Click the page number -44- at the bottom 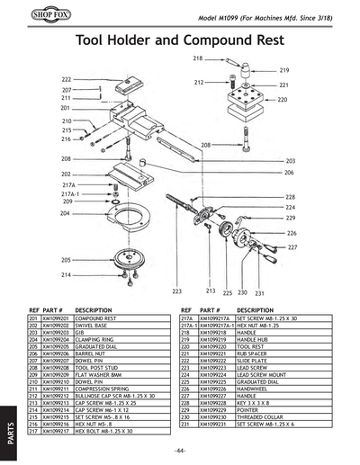[180, 450]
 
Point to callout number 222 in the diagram [67, 79]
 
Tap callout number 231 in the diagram [259, 292]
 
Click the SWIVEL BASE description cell [94, 325]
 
